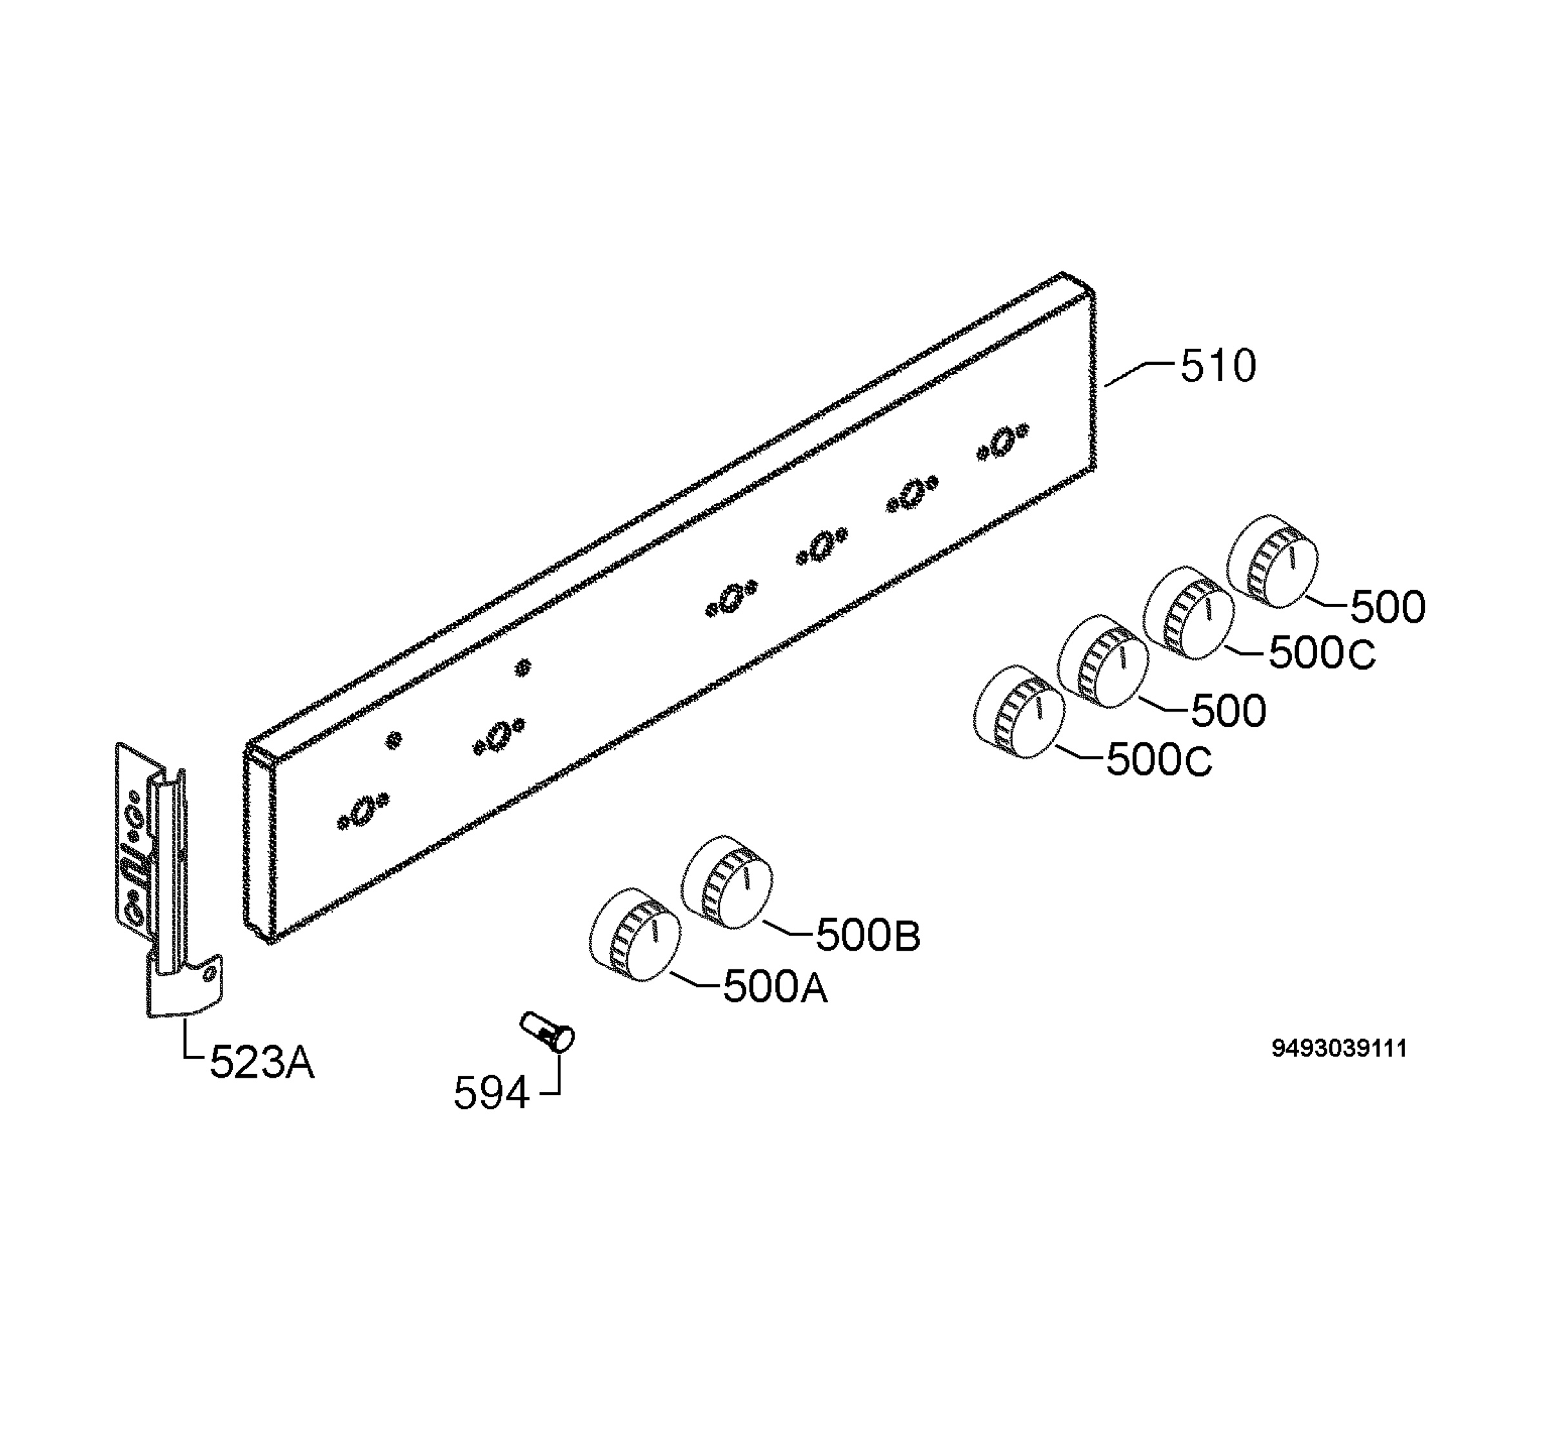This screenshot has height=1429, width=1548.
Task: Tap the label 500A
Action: pyautogui.click(x=775, y=987)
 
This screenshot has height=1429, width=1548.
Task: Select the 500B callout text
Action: pyautogui.click(x=868, y=936)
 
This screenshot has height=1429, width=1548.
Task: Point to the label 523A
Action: pyautogui.click(x=263, y=1062)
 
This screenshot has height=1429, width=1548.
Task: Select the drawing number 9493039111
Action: pyautogui.click(x=1339, y=1049)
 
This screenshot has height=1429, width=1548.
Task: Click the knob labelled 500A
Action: pyautogui.click(x=635, y=936)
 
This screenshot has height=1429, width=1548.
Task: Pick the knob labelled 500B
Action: pyautogui.click(x=726, y=882)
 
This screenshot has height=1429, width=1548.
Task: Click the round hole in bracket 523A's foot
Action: pyautogui.click(x=208, y=976)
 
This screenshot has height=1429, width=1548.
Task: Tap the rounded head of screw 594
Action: pyautogui.click(x=564, y=1038)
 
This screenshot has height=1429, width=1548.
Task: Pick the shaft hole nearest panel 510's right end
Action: pyautogui.click(x=1002, y=441)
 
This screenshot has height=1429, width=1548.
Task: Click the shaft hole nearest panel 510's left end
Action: pyautogui.click(x=361, y=810)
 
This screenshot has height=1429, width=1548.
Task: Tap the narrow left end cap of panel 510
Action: pyautogui.click(x=259, y=843)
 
